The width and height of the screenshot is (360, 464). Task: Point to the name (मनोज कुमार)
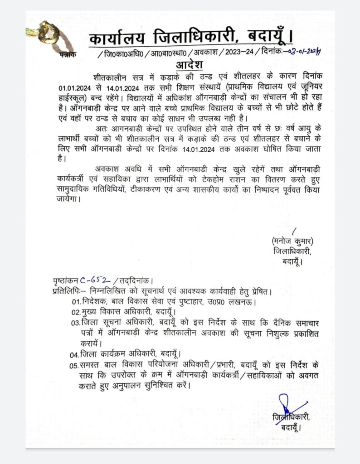point(292,241)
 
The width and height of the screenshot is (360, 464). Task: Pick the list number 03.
point(75,323)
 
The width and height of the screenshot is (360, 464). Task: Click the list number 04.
point(75,354)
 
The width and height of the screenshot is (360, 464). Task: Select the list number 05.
point(75,365)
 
